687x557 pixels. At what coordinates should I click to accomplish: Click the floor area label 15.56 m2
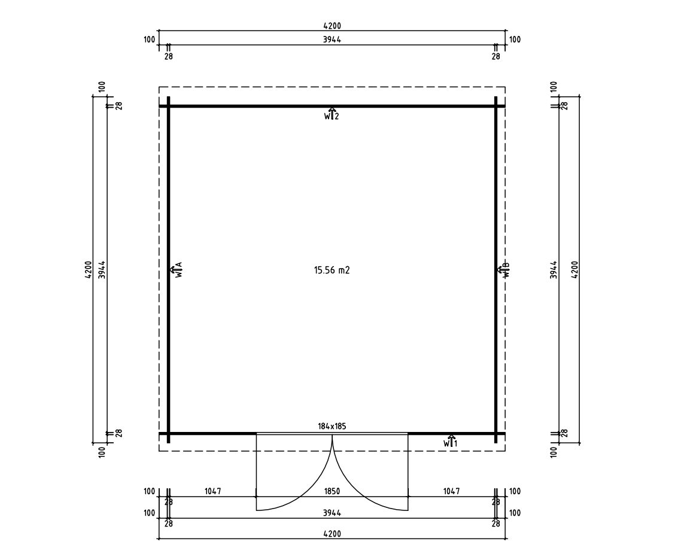[332, 270]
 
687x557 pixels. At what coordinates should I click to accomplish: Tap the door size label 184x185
[332, 427]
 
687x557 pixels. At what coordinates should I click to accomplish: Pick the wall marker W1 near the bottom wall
[451, 442]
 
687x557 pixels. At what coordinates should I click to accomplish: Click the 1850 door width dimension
[332, 491]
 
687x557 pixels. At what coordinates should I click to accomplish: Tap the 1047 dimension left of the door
[212, 491]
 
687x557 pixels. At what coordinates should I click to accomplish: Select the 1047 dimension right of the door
[451, 491]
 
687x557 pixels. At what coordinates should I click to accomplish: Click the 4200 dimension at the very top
[332, 26]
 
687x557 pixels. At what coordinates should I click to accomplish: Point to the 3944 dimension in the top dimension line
[332, 39]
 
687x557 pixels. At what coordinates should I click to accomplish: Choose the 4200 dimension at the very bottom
[332, 534]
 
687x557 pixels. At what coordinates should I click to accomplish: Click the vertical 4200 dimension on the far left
[88, 270]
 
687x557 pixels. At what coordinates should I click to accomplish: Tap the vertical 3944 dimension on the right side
[554, 270]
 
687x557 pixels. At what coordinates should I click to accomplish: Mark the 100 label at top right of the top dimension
[515, 39]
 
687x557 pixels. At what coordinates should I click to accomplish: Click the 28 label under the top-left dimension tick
[168, 56]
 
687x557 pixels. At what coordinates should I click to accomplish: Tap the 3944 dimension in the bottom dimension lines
[332, 513]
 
